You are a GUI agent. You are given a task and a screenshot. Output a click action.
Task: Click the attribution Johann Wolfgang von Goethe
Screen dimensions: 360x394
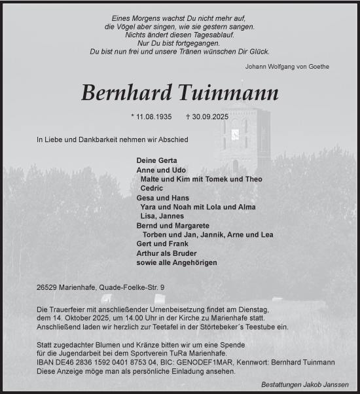click(287, 66)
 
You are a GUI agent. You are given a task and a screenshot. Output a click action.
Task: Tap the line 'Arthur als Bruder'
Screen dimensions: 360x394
click(166, 253)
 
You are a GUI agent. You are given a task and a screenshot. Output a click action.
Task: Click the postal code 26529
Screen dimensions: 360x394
click(50, 287)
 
